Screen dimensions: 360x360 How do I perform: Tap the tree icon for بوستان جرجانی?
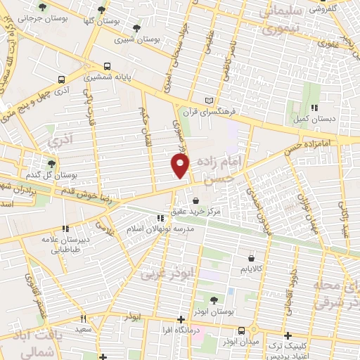(x=44, y=7)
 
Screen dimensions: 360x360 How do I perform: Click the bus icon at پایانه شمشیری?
(x=63, y=79)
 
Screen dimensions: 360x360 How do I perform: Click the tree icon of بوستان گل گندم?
(x=51, y=164)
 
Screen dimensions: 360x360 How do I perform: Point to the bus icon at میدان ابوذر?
(x=242, y=330)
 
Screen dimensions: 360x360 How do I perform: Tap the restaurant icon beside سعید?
(x=83, y=319)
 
